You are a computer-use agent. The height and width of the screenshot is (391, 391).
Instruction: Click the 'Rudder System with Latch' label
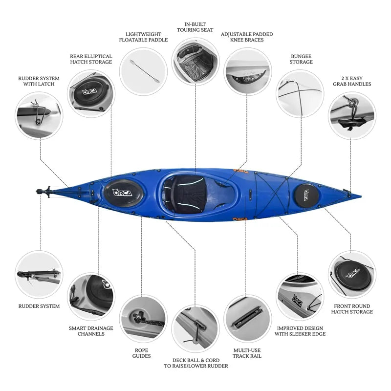(39, 81)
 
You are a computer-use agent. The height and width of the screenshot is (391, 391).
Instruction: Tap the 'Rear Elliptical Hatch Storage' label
(91, 59)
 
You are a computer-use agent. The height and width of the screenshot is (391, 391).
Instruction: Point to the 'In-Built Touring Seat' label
(195, 26)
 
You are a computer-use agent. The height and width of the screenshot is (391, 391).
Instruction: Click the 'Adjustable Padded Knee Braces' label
(247, 37)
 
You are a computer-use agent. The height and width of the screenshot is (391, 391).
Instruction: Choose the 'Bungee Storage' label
(301, 59)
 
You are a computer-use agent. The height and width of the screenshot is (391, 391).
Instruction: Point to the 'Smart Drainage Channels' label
(91, 331)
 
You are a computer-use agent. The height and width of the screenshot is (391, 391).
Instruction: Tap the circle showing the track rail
(248, 318)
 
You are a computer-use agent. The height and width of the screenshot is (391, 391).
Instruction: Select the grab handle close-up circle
(352, 115)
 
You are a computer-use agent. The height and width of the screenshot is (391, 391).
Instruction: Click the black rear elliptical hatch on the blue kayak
(121, 192)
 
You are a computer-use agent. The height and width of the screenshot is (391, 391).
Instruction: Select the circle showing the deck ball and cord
(195, 328)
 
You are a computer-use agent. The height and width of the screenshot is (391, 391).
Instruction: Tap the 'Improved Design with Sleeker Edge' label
(300, 331)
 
